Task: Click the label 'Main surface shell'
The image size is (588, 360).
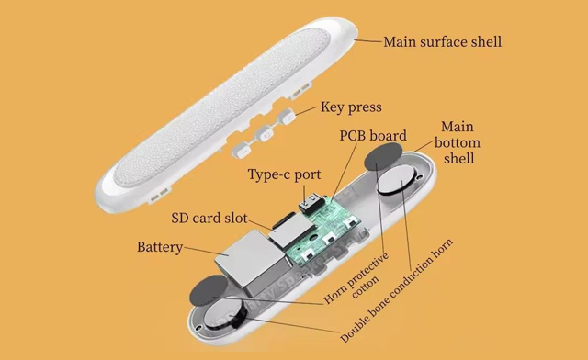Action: (442, 41)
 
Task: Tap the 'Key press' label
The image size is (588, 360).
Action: (350, 107)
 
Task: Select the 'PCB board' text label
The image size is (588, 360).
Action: (372, 136)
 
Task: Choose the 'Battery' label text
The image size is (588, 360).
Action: (160, 247)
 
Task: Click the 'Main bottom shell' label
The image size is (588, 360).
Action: (457, 142)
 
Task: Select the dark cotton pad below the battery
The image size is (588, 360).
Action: (209, 294)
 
